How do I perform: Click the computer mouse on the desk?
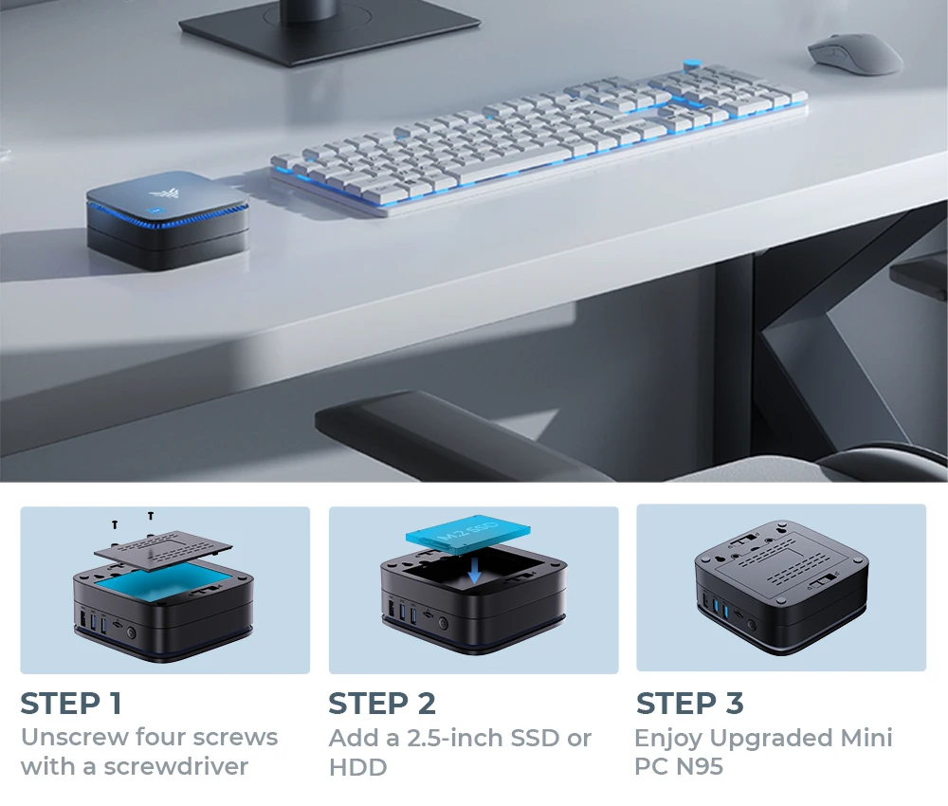coord(854,53)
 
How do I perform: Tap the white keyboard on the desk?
coord(538,140)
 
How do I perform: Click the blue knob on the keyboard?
coord(692,64)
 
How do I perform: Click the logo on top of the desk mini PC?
coord(159,194)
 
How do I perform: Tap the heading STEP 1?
coord(71,704)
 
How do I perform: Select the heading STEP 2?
coord(382,704)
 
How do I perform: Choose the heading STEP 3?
coord(690,704)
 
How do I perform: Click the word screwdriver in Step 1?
coord(176,766)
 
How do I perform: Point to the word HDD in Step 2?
coord(358,767)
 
